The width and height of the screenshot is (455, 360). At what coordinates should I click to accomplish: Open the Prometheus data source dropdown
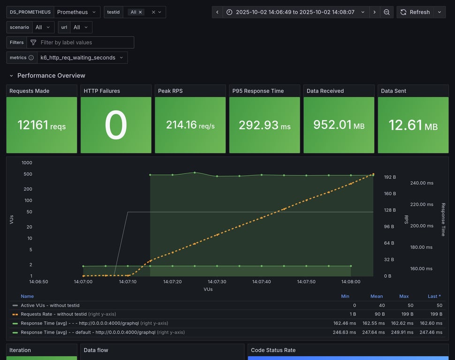tap(77, 12)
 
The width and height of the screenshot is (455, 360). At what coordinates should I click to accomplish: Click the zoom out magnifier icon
tap(387, 12)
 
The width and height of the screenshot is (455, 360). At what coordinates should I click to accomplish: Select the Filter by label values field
tap(84, 43)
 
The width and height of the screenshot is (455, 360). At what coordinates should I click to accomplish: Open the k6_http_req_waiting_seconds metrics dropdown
tap(82, 58)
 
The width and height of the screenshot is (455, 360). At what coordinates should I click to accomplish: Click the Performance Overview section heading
tap(51, 75)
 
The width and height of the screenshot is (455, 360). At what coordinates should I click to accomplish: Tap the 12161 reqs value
tap(41, 125)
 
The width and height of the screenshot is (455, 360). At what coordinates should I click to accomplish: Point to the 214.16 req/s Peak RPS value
tap(190, 125)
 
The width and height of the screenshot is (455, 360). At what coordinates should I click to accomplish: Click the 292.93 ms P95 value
tap(265, 125)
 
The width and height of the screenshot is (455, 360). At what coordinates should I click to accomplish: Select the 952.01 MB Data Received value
tap(339, 125)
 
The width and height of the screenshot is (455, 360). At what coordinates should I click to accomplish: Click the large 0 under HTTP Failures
tap(115, 125)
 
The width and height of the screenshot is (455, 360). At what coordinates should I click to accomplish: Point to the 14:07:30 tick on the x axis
tap(217, 282)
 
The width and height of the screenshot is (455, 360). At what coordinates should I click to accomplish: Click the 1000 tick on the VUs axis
tap(27, 163)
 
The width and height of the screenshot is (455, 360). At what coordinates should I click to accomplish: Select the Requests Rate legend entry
tap(53, 314)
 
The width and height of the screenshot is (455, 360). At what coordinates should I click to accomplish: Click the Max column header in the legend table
tap(403, 296)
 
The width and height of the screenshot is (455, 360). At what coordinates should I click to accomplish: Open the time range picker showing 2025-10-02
tap(295, 12)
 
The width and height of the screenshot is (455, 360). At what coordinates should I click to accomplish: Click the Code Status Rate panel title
tap(273, 350)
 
